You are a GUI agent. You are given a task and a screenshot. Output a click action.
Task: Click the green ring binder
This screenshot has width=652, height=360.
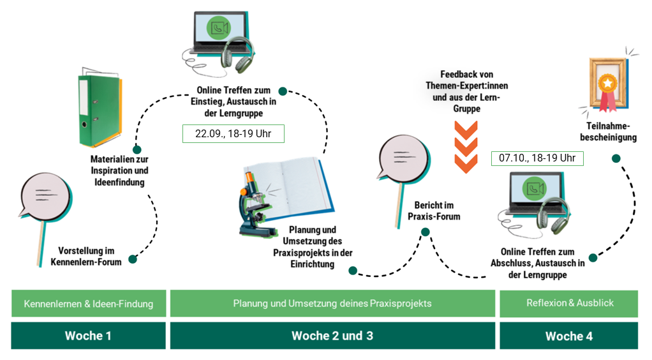[x=99, y=109]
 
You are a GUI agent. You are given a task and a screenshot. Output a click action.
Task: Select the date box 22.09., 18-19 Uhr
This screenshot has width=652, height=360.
[x=233, y=133]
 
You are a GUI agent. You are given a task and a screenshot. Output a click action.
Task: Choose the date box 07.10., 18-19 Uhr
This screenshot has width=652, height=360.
[x=537, y=158]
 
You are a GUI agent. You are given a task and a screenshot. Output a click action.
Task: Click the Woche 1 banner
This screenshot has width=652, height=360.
[x=88, y=336]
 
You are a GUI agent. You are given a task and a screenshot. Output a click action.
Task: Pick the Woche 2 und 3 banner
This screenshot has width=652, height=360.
[x=332, y=336]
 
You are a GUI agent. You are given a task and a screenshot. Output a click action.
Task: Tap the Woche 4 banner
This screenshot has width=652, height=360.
[x=568, y=336]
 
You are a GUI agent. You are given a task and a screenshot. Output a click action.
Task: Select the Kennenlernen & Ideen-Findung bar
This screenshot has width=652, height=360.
[x=88, y=304]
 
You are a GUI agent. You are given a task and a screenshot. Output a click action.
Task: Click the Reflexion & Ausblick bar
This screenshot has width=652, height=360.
[x=568, y=304]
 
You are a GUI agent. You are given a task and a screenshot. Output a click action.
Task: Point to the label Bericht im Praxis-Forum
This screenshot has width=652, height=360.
[x=434, y=211]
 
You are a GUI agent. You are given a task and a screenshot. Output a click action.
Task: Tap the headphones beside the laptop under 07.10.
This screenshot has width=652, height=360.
[x=552, y=214]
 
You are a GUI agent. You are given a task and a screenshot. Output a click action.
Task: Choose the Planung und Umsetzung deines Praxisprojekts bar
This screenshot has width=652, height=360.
[x=332, y=304]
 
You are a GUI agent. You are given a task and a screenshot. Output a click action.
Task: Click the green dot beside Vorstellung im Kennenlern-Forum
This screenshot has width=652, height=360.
[x=133, y=259]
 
